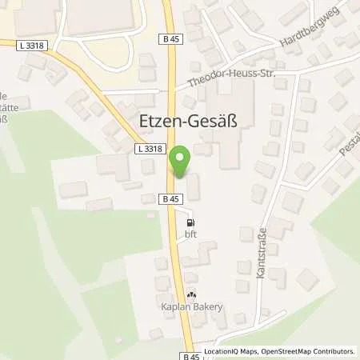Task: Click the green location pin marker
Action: click(180, 162)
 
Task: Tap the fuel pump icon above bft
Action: click(190, 223)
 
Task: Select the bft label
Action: click(190, 234)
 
